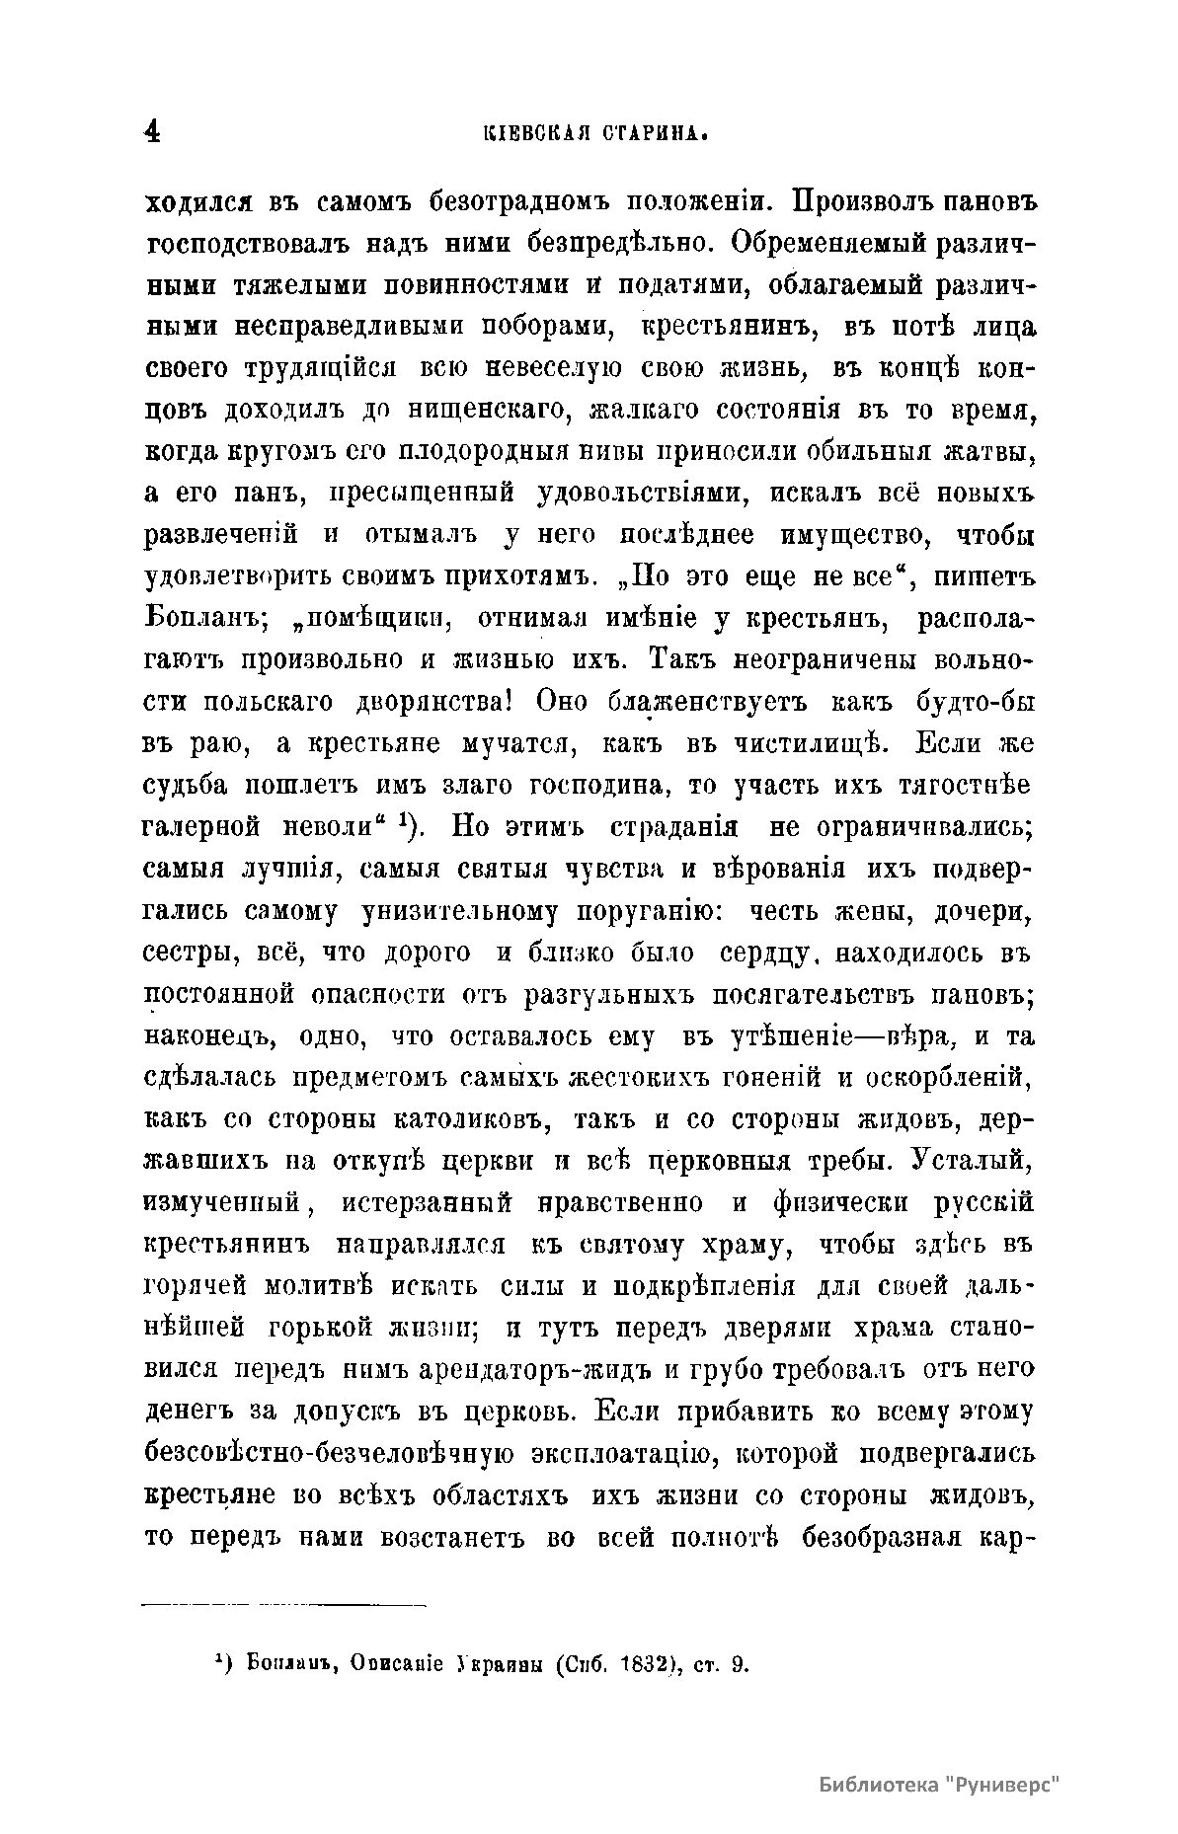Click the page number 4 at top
click(152, 132)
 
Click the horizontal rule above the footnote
click(284, 1607)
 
